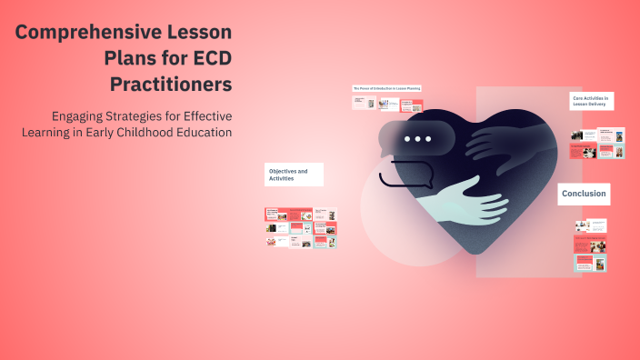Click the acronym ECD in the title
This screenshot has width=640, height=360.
click(x=204, y=59)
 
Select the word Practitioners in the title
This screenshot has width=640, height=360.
click(x=171, y=85)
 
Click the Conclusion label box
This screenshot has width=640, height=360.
click(x=583, y=194)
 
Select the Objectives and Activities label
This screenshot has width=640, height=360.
click(x=294, y=175)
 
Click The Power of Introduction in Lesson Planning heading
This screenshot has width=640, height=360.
click(x=385, y=88)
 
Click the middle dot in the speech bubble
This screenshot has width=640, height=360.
click(x=417, y=139)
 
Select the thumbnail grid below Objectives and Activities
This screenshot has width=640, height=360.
click(x=300, y=228)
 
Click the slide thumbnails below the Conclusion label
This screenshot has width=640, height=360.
click(x=590, y=245)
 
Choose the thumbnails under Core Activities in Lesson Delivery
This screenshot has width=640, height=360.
click(x=596, y=145)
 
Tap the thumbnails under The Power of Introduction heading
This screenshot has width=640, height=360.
click(x=382, y=104)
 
